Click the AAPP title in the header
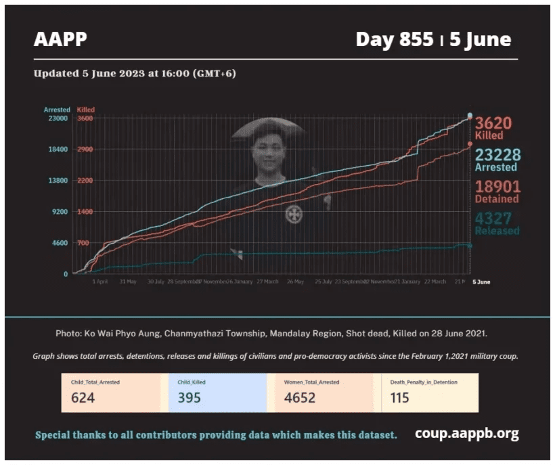tap(60, 39)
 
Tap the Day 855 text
tap(394, 39)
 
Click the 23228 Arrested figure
tap(497, 154)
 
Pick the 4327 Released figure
tap(493, 218)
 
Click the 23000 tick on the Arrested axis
tap(58, 118)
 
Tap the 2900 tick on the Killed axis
tap(85, 150)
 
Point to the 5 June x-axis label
tap(481, 282)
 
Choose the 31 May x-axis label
tap(128, 282)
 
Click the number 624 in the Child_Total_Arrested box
tap(83, 397)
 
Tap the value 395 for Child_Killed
tap(190, 397)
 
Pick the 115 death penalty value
tap(399, 397)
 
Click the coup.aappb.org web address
tap(467, 434)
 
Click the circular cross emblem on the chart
tap(294, 215)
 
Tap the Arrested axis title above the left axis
tap(57, 110)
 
